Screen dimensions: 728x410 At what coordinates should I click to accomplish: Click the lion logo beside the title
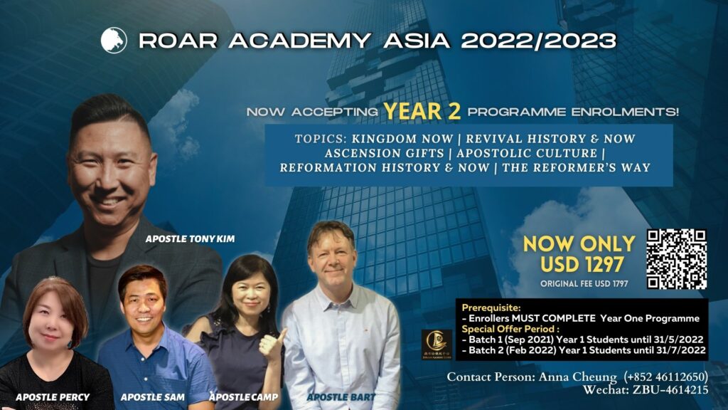(114, 41)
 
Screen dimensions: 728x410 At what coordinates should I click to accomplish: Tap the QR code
(677, 259)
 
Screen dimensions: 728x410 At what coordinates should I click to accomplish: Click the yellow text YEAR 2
(422, 111)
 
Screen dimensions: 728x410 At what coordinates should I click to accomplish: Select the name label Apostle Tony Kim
(190, 239)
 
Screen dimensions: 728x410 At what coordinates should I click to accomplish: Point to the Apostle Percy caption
(53, 397)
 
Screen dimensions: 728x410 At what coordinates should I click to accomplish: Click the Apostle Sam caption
(152, 397)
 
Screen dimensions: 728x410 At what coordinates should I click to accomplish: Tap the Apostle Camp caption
(243, 397)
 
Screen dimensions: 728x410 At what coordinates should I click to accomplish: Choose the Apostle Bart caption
(341, 397)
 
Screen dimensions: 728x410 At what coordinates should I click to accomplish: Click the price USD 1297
(582, 265)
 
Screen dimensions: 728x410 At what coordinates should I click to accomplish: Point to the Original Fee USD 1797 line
(584, 283)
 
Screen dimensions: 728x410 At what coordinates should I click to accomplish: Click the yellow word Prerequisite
(491, 307)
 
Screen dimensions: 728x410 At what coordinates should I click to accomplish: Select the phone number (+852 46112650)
(665, 376)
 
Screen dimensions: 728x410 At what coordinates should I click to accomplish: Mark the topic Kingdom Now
(402, 139)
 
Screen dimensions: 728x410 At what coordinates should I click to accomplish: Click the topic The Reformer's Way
(576, 167)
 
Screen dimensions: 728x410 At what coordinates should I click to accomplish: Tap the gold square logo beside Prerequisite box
(437, 345)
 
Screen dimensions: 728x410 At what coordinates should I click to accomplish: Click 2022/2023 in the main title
(539, 41)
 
